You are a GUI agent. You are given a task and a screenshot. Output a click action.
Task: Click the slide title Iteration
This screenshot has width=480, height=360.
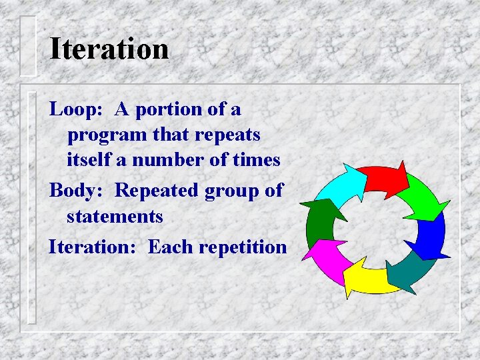109,49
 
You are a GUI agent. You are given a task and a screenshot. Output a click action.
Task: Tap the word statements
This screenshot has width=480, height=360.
115,217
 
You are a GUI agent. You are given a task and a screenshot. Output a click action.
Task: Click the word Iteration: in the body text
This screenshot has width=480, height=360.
93,247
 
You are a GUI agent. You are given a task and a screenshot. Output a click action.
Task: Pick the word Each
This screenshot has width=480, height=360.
169,247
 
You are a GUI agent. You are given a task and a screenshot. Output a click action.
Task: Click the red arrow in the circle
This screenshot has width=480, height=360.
385,178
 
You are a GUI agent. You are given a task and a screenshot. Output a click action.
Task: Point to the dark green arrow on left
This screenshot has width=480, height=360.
319,218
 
